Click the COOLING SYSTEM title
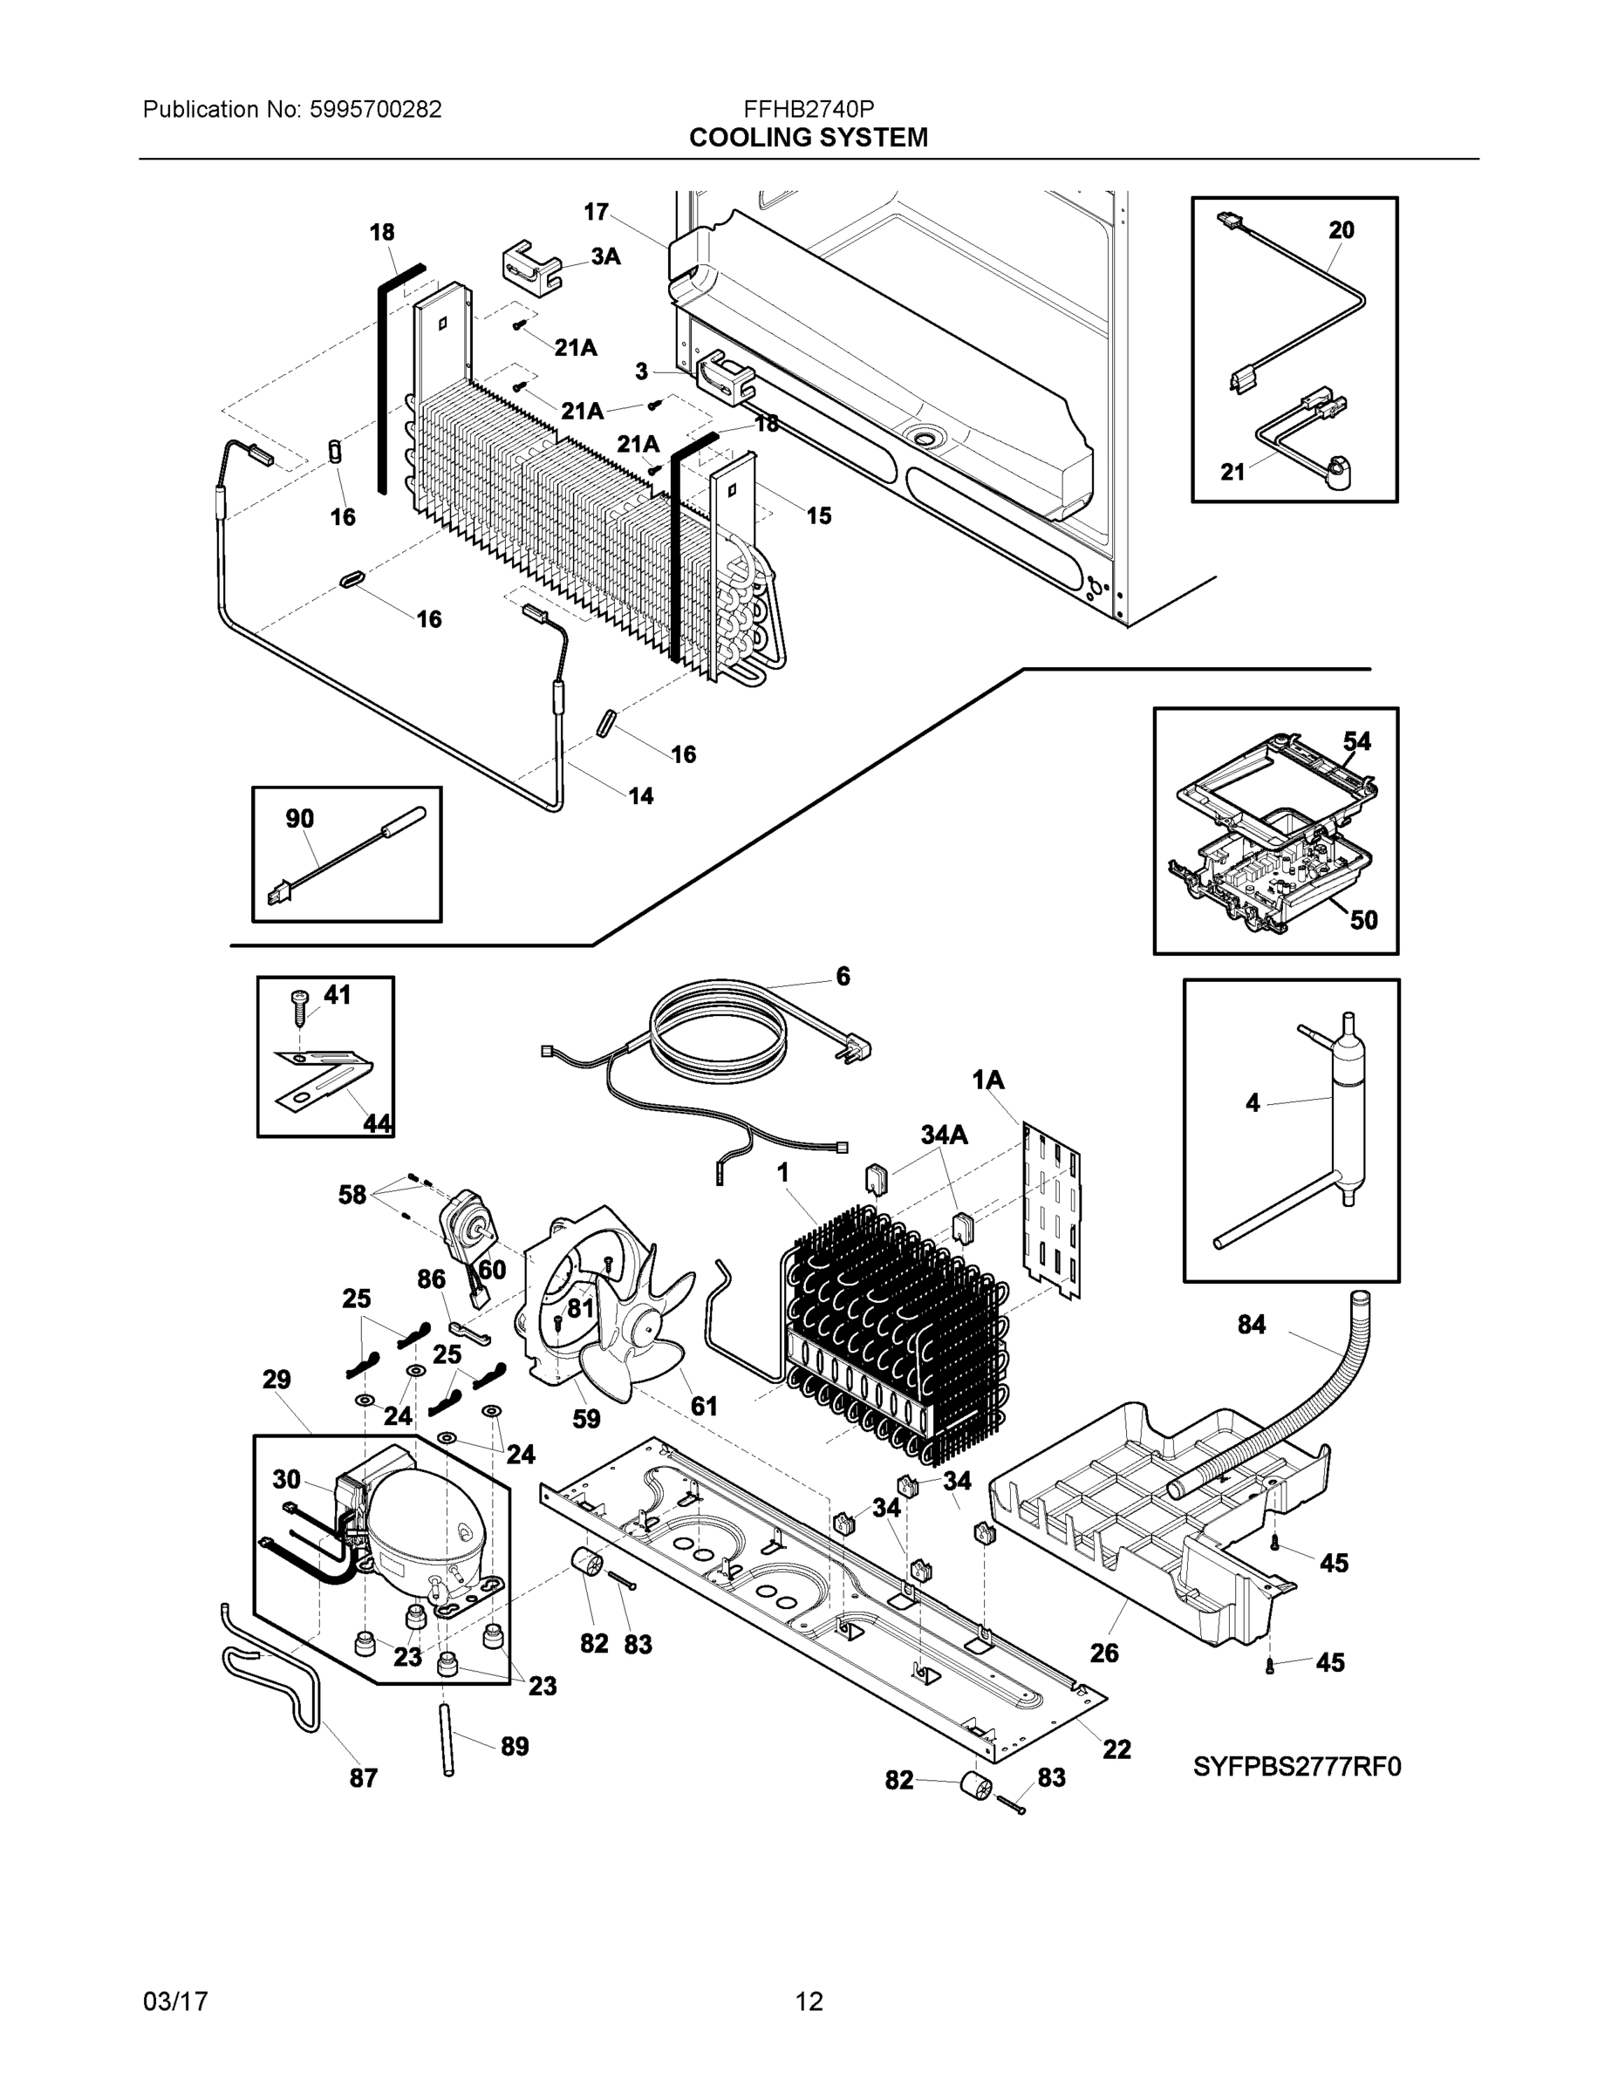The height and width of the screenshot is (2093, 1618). click(808, 138)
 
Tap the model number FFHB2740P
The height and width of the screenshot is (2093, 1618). click(808, 109)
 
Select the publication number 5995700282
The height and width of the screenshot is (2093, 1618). click(375, 109)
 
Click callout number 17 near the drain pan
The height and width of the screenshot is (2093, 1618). click(597, 212)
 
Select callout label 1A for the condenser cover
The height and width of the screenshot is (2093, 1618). click(988, 1081)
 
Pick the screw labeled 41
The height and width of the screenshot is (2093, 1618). click(299, 1002)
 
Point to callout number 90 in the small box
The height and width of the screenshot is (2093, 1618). click(300, 818)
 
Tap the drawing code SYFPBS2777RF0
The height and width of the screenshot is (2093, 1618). click(1297, 1766)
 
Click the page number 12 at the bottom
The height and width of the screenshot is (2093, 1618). click(809, 2001)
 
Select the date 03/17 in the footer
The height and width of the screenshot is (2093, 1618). click(175, 2001)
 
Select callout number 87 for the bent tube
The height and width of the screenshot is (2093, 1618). click(363, 1777)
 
